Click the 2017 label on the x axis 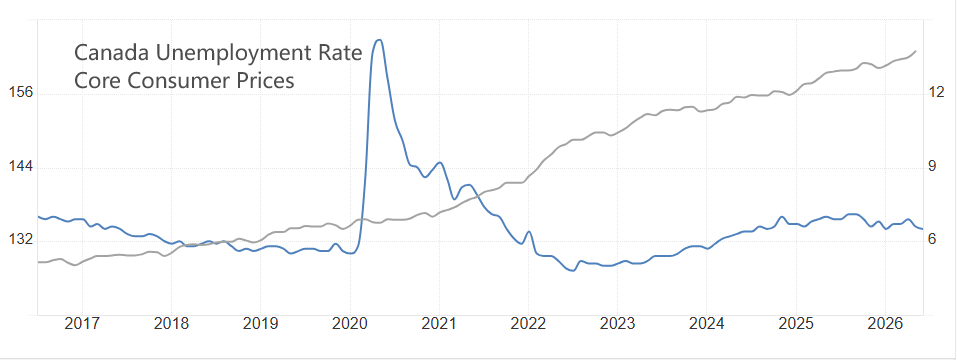pyautogui.click(x=82, y=323)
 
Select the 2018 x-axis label pyautogui.click(x=171, y=323)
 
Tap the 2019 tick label pyautogui.click(x=260, y=323)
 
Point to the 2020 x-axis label pyautogui.click(x=350, y=323)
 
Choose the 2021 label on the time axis pyautogui.click(x=439, y=323)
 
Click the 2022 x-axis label pyautogui.click(x=528, y=323)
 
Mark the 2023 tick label pyautogui.click(x=617, y=323)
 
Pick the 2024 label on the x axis pyautogui.click(x=706, y=323)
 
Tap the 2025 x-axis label pyautogui.click(x=795, y=323)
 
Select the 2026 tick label pyautogui.click(x=885, y=323)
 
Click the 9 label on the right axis pyautogui.click(x=933, y=166)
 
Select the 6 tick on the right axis pyautogui.click(x=933, y=239)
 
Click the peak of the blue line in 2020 pyautogui.click(x=379, y=40)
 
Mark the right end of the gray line pyautogui.click(x=915, y=51)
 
